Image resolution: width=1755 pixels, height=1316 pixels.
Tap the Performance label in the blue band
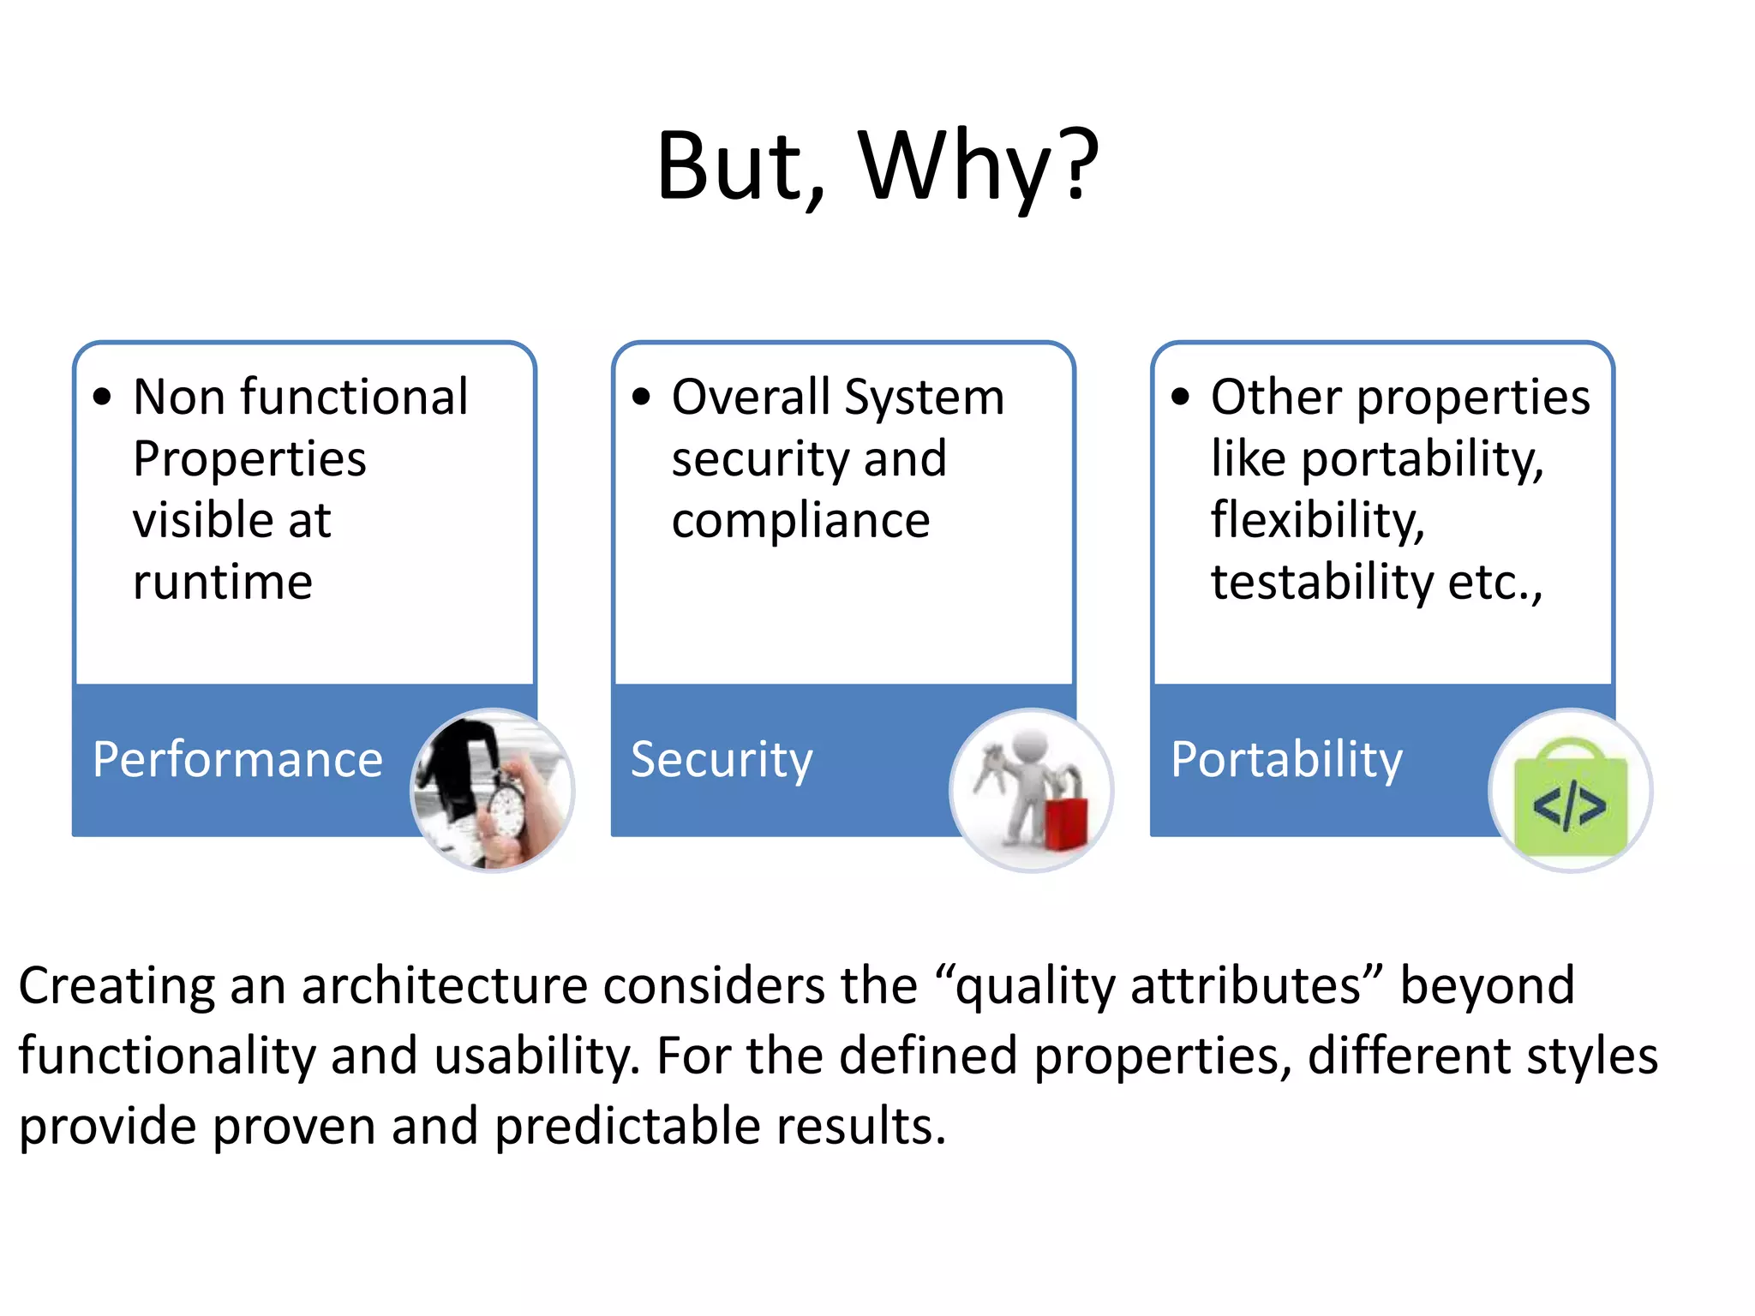point(237,759)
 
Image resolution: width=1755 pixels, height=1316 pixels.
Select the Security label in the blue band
point(722,759)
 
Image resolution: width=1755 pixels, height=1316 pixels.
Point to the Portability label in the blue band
point(1286,759)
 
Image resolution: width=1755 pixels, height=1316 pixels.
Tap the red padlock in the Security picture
point(1065,818)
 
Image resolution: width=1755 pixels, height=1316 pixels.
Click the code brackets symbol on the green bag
point(1569,806)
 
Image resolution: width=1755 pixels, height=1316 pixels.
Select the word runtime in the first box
point(223,583)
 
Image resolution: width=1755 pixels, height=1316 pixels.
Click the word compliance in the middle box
point(800,521)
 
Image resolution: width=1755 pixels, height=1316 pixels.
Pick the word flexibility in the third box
point(1317,521)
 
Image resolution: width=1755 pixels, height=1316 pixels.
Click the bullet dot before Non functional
point(102,397)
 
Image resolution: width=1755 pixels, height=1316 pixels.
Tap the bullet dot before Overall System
point(641,397)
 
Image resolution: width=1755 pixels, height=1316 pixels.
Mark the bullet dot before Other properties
point(1180,397)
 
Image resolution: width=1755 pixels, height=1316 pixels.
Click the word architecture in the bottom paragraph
point(444,985)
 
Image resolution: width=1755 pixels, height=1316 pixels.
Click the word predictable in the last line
point(627,1126)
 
